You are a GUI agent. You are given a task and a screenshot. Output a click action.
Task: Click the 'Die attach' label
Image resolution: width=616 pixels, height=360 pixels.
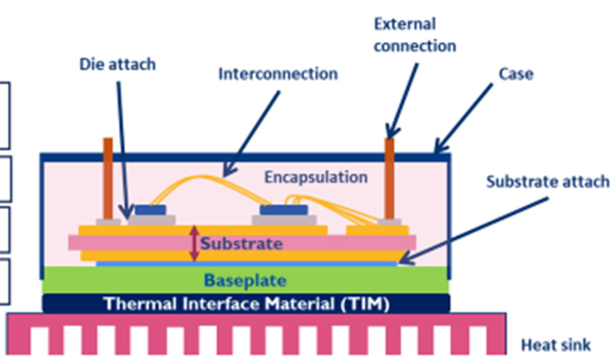tap(117, 64)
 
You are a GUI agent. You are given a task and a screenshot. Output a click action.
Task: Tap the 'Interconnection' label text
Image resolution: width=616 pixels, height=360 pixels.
tap(278, 74)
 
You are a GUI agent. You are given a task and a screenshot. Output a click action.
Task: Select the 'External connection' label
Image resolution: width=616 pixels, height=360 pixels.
tap(414, 35)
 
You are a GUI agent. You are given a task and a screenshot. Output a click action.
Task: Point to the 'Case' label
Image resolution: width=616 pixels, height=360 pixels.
tap(515, 74)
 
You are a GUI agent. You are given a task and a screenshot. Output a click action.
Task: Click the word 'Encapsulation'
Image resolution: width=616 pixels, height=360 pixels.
tap(315, 177)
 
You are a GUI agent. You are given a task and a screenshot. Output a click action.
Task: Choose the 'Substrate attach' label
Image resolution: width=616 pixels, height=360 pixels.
tap(548, 181)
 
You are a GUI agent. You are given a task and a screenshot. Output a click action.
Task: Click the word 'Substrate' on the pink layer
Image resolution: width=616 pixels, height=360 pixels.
tap(241, 243)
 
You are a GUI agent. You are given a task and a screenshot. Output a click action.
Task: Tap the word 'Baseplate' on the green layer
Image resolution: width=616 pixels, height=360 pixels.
tap(245, 280)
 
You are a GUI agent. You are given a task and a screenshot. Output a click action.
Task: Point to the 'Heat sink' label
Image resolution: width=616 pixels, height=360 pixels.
tap(556, 345)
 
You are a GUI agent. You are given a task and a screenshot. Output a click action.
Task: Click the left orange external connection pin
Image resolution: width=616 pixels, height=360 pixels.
tap(108, 178)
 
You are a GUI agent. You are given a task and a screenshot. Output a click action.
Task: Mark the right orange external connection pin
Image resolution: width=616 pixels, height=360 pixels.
tap(390, 178)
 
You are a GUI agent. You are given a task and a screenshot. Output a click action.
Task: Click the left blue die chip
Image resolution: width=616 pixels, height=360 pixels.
tap(150, 210)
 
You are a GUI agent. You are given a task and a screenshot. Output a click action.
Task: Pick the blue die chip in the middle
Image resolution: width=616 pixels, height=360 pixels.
tap(284, 210)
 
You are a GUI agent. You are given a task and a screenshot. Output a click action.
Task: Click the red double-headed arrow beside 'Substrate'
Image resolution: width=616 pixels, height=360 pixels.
tap(194, 243)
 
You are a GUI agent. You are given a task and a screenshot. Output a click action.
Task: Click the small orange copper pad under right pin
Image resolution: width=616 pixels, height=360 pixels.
tap(377, 230)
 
